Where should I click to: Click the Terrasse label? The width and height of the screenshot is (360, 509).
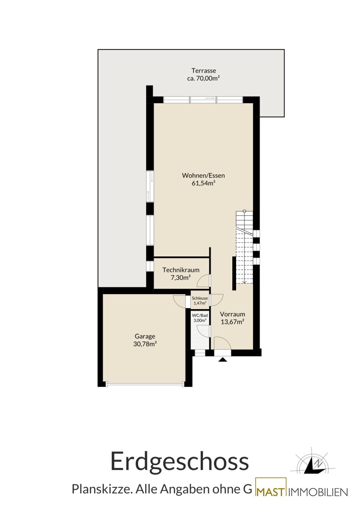coord(204,70)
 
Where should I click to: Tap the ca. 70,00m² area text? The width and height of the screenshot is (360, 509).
coord(204,78)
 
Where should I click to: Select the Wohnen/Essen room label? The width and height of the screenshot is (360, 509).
coord(204,176)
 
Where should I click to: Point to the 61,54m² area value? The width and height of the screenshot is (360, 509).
coord(204,183)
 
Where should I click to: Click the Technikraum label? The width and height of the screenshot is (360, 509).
coord(181,270)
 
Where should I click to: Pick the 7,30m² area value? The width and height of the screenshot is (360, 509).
coord(180,278)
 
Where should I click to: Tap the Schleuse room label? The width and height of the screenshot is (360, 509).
coord(200,298)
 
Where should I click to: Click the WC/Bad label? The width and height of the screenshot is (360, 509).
coord(200,315)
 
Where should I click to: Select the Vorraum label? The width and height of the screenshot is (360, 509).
coord(232,314)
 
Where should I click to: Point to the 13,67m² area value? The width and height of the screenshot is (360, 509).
coord(232,322)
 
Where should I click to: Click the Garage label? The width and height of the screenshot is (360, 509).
coord(145,337)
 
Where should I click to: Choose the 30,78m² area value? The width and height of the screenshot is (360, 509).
coord(145,344)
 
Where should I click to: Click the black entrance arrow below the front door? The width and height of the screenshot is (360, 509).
coord(222,359)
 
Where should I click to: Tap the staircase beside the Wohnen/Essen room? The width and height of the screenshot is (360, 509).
coord(245,246)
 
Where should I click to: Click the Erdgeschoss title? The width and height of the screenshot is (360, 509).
coord(180,461)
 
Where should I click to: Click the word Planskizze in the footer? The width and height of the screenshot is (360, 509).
coord(101,489)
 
